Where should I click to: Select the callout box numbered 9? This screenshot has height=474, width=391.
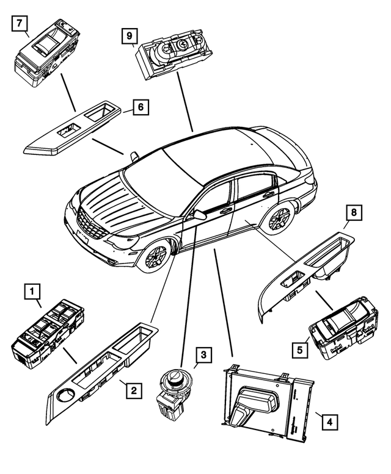pos(129,36)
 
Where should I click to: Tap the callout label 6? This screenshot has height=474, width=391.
pos(141,107)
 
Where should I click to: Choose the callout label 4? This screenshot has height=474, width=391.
pos(328,420)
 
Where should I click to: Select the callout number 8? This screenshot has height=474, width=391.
pos(352,214)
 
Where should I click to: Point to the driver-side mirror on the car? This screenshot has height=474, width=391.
pos(198,214)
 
